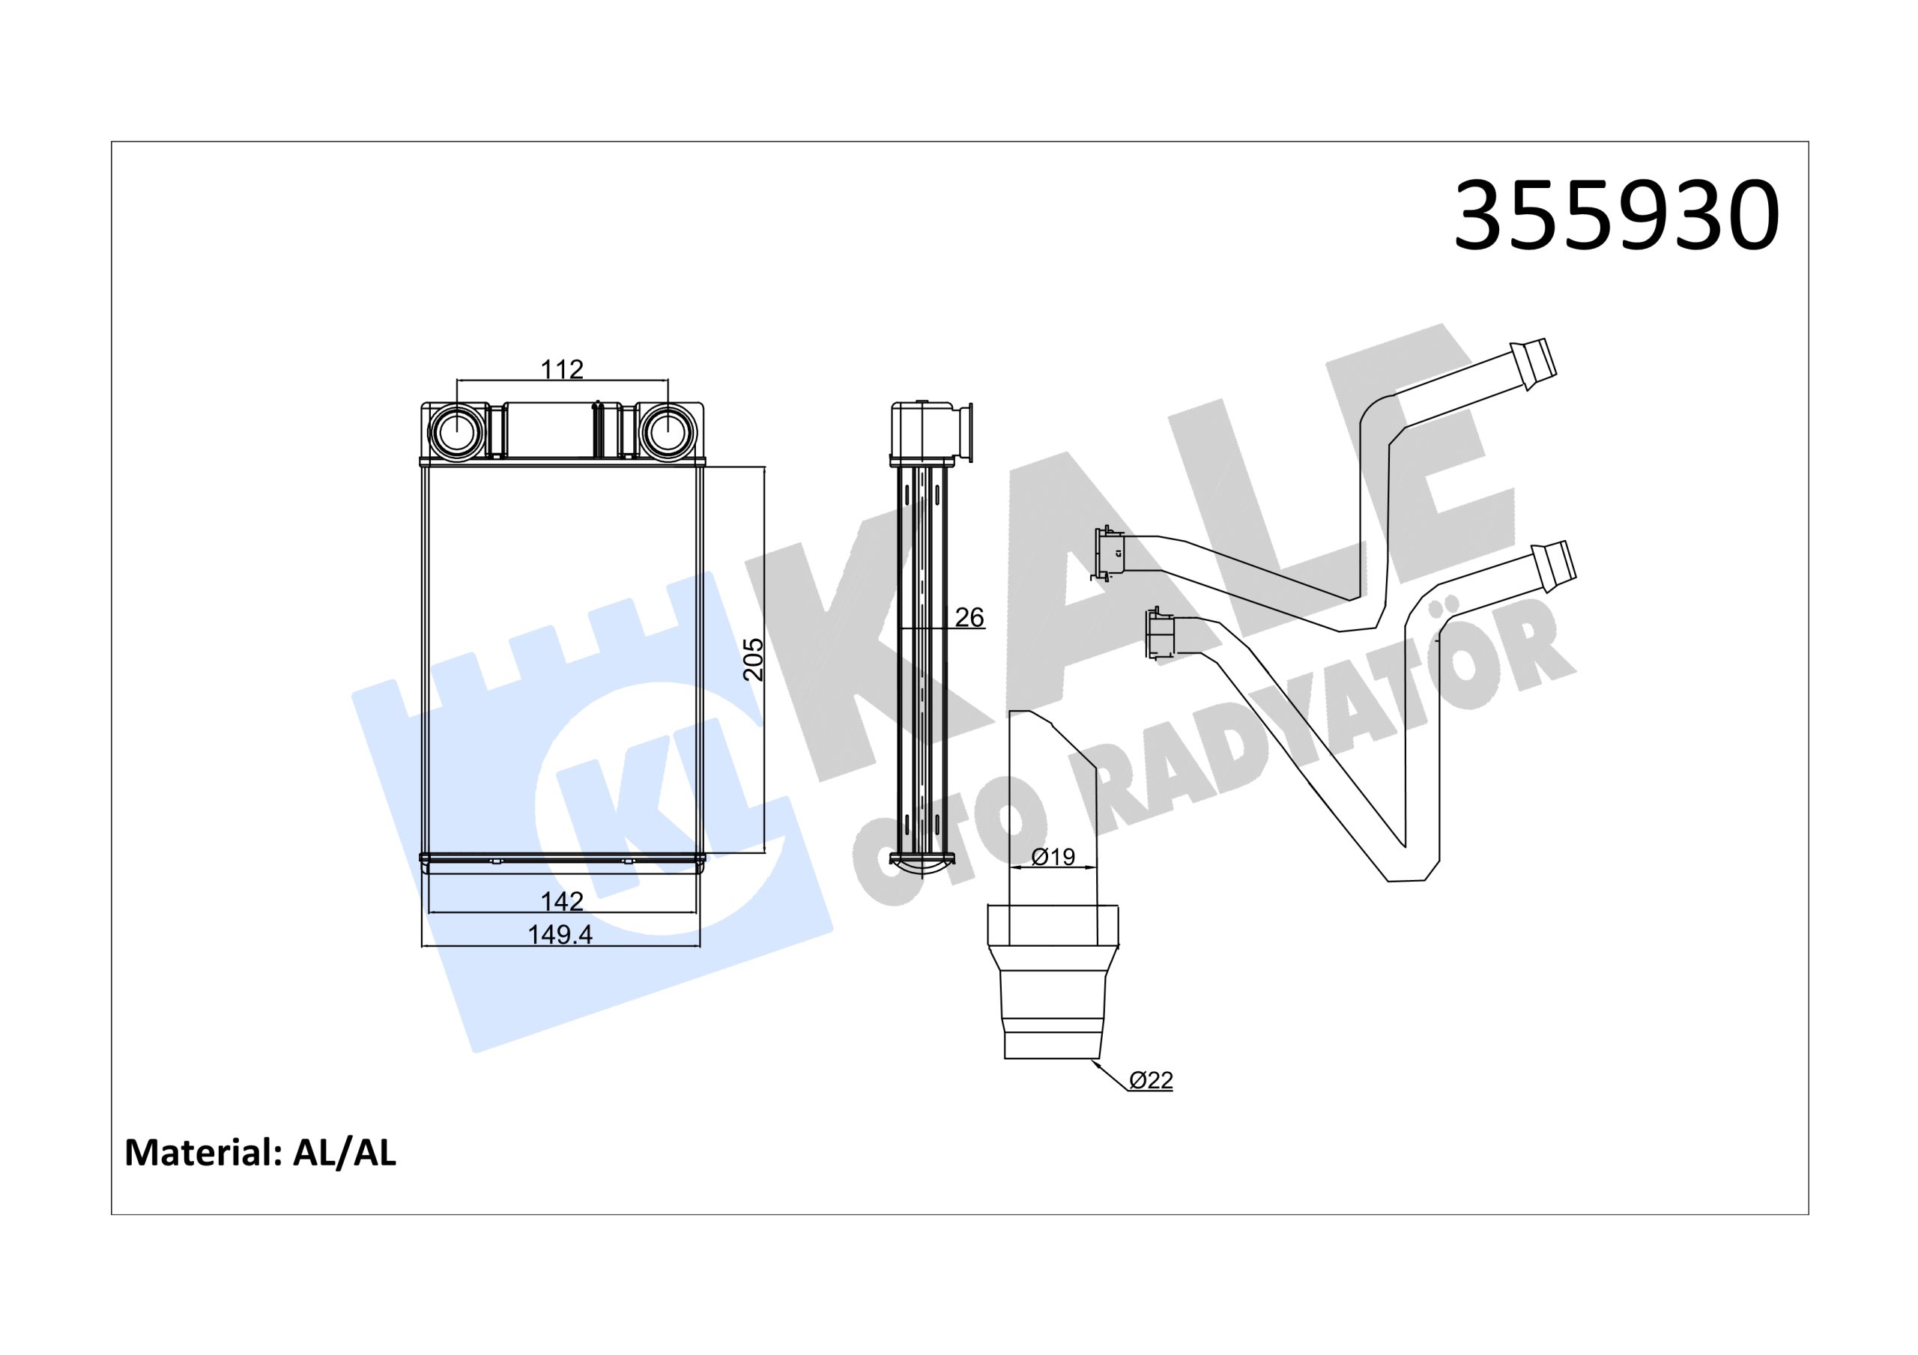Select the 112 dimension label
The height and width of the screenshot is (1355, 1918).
pyautogui.click(x=561, y=369)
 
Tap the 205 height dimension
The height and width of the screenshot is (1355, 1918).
pyautogui.click(x=754, y=659)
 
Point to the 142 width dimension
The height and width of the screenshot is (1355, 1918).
pyautogui.click(x=561, y=900)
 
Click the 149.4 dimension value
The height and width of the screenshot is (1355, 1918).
pyautogui.click(x=560, y=934)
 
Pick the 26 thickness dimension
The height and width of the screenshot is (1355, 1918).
pyautogui.click(x=969, y=616)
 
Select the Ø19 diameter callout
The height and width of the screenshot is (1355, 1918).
pyautogui.click(x=1053, y=856)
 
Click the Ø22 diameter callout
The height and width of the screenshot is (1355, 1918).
pyautogui.click(x=1151, y=1080)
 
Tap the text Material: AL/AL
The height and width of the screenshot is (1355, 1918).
pyautogui.click(x=261, y=1153)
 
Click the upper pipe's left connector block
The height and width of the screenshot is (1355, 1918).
pyautogui.click(x=1110, y=553)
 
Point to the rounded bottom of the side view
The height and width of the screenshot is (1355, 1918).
pyautogui.click(x=922, y=864)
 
